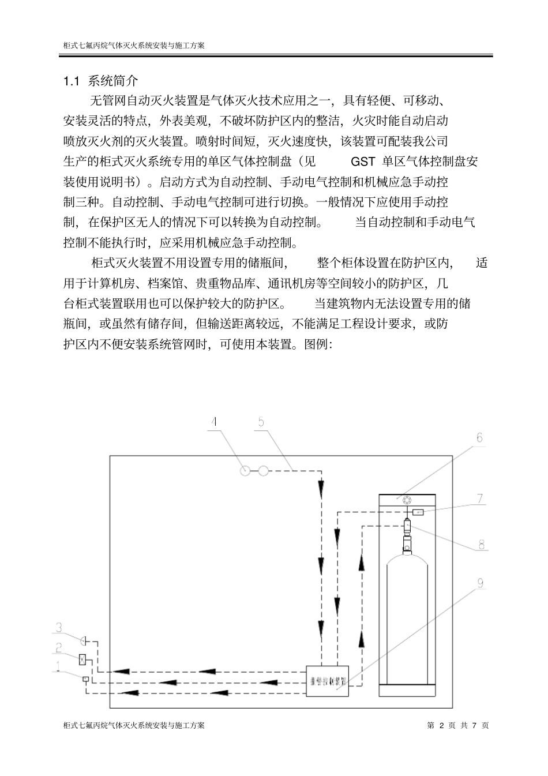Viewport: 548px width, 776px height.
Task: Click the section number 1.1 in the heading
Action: tap(70, 80)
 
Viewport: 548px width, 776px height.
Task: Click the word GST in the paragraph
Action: tap(363, 162)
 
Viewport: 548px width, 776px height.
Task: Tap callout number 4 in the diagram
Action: tap(215, 422)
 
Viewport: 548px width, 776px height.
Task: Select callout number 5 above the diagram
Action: tap(261, 422)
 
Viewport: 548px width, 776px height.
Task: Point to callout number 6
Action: tap(479, 438)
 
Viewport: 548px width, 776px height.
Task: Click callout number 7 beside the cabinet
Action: tap(480, 498)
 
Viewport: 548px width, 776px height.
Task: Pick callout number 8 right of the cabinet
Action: tap(481, 543)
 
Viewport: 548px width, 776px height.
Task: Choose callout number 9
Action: tap(479, 584)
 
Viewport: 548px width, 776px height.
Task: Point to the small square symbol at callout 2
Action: tap(82, 658)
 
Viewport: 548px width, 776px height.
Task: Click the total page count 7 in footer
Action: tap(474, 725)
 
